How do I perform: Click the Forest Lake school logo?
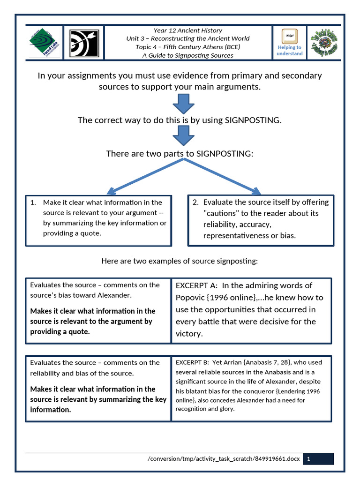pyautogui.click(x=45, y=42)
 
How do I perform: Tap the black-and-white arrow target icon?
pyautogui.click(x=84, y=43)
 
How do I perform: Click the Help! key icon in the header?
pyautogui.click(x=289, y=36)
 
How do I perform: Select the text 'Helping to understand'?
pyautogui.click(x=289, y=51)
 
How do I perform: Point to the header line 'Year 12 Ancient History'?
pyautogui.click(x=187, y=30)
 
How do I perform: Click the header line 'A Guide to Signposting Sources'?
pyautogui.click(x=187, y=55)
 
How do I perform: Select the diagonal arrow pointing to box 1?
pyautogui.click(x=141, y=176)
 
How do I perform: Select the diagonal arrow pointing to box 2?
pyautogui.click(x=220, y=176)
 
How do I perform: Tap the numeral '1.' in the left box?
pyautogui.click(x=33, y=202)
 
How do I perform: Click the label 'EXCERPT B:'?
pyautogui.click(x=192, y=362)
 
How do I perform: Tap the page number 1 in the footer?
pyautogui.click(x=308, y=459)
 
